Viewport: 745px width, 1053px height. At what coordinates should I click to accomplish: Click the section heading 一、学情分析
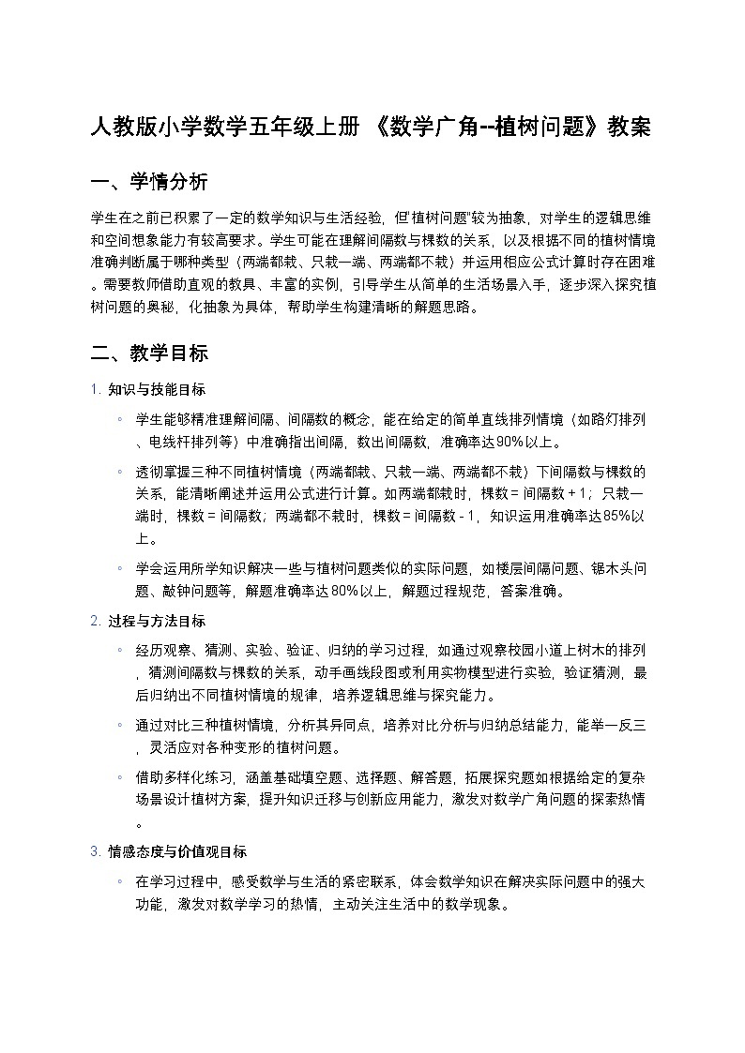[x=149, y=182]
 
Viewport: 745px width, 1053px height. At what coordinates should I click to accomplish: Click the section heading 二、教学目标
[x=149, y=354]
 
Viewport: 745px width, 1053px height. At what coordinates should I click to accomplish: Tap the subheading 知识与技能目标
[x=157, y=389]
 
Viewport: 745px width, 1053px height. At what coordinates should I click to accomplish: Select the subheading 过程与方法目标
[x=157, y=621]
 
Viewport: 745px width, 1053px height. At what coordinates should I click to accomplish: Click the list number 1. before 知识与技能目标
[x=95, y=389]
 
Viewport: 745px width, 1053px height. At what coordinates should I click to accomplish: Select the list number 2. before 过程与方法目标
[x=95, y=621]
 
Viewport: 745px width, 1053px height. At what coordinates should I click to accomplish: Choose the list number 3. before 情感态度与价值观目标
[x=95, y=851]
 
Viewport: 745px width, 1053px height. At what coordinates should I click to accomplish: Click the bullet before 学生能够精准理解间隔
[x=120, y=418]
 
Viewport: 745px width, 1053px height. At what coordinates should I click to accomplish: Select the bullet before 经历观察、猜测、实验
[x=120, y=650]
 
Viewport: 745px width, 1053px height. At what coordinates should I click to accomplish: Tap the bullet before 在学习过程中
[x=120, y=881]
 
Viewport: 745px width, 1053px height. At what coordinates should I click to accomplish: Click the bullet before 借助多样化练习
[x=120, y=777]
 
